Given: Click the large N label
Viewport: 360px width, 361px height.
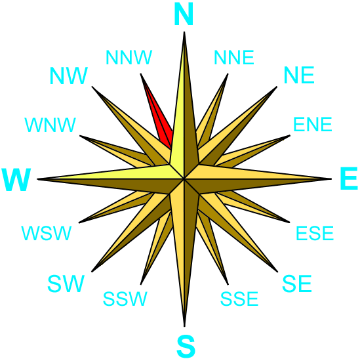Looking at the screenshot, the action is [184, 14].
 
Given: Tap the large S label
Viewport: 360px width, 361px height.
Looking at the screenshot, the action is [186, 347].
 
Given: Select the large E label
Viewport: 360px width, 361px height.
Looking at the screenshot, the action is [349, 179].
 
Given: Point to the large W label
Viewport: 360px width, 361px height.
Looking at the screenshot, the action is [16, 180].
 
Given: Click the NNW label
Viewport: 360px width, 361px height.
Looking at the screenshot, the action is [129, 57].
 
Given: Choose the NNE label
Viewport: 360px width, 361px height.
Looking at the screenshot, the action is [234, 57].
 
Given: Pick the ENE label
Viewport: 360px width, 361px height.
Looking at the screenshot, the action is [313, 124].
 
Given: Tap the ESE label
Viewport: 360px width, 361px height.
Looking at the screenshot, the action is [315, 233].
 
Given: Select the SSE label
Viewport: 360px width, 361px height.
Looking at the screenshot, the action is [239, 299].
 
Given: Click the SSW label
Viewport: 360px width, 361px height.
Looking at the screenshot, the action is [125, 299].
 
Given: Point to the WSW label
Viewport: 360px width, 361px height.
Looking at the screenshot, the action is [47, 233].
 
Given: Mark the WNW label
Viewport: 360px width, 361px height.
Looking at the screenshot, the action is [50, 125].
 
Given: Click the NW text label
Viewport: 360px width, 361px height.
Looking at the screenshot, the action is [69, 75].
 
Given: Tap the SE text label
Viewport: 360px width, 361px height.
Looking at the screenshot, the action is [297, 284].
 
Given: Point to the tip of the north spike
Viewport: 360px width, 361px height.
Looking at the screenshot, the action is [184, 32].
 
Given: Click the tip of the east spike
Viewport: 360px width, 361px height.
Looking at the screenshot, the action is [332, 179].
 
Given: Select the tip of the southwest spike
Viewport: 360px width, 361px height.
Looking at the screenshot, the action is [92, 272].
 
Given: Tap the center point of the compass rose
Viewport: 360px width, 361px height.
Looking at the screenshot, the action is [184, 179].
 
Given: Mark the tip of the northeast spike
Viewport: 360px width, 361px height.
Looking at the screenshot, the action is [277, 87].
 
